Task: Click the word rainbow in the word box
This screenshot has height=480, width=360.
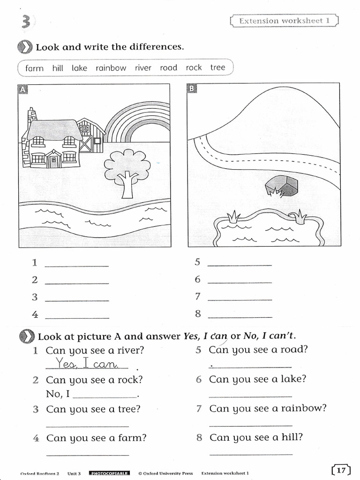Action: click(x=111, y=68)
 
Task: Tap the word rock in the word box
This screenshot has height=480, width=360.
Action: click(x=194, y=67)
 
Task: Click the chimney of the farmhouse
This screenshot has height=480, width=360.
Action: click(x=32, y=117)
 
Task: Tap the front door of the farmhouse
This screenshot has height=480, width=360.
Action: click(x=53, y=161)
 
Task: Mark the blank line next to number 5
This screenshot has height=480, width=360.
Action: click(x=239, y=265)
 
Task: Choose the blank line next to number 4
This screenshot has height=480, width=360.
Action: click(x=77, y=318)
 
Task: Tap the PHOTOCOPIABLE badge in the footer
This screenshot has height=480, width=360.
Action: click(x=109, y=473)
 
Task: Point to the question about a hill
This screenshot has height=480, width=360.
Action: click(x=256, y=437)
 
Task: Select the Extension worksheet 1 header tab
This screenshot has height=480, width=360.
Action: click(x=285, y=21)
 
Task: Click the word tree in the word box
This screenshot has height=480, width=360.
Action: click(x=217, y=67)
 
